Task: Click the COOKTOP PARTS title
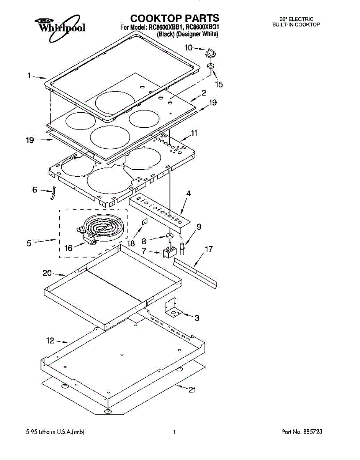click(175, 18)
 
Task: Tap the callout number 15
click(219, 85)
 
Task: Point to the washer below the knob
click(211, 66)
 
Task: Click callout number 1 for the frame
click(29, 76)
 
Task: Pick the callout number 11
click(194, 133)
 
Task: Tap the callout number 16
click(69, 248)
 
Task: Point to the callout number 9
click(199, 227)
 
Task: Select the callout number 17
click(208, 249)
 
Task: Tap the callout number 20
click(47, 273)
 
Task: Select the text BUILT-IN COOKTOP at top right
click(296, 25)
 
